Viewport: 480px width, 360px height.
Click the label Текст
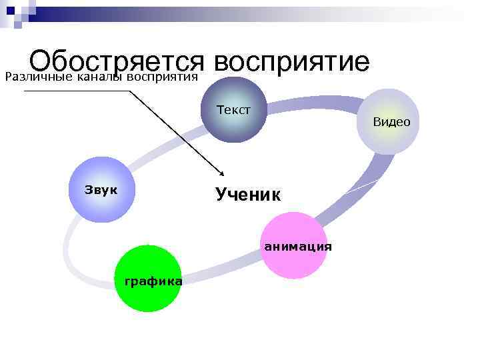pos(233,110)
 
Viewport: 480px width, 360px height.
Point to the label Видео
pos(391,122)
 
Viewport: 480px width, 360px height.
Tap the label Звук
pos(101,189)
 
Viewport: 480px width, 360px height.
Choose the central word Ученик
pos(248,195)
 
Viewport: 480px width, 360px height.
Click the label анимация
pos(297,246)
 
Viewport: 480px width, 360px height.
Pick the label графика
pos(153,281)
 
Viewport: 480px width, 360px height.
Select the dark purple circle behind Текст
pos(233,127)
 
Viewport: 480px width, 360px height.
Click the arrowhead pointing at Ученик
pos(220,175)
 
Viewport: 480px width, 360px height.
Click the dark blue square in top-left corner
pos(10,10)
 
